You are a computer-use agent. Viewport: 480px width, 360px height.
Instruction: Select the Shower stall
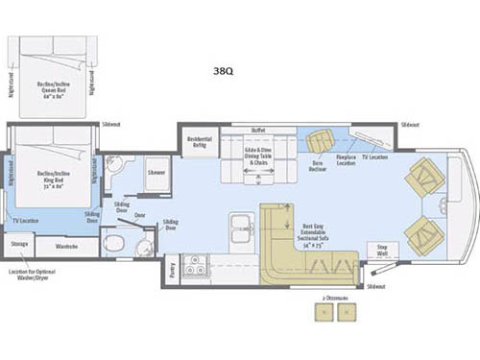tap(156, 172)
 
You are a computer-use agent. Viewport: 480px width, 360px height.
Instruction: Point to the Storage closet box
tap(19, 245)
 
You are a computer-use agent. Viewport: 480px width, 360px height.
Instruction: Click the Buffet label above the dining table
tap(257, 130)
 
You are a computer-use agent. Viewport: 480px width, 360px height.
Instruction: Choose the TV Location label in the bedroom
tap(28, 221)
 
